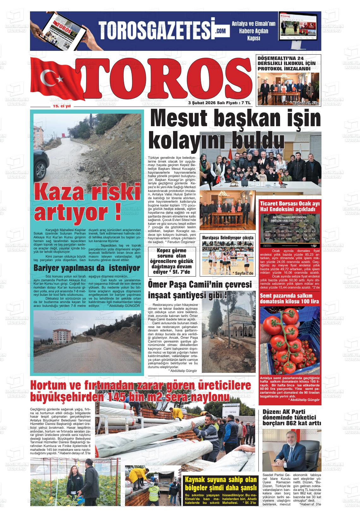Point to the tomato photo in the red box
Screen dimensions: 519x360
click(x=289, y=341)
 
